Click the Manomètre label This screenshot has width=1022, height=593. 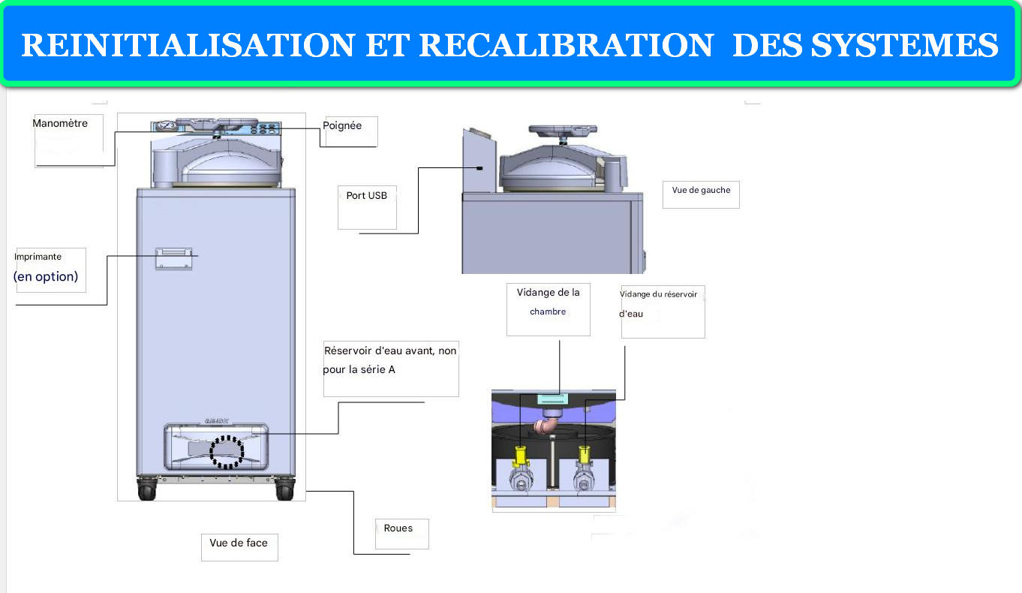click(x=60, y=124)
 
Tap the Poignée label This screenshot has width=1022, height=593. click(x=342, y=126)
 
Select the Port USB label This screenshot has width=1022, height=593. click(x=367, y=196)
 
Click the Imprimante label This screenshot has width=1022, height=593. click(x=38, y=257)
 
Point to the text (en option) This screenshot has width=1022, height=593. click(x=46, y=277)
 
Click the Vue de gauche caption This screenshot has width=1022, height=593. click(x=700, y=191)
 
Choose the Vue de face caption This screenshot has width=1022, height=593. click(x=239, y=543)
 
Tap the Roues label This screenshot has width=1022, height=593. click(x=398, y=528)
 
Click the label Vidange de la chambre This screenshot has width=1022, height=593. click(x=548, y=301)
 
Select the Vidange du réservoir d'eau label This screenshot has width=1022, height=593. click(x=658, y=303)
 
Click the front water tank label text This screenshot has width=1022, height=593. click(x=389, y=360)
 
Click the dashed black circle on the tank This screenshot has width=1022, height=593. click(x=227, y=450)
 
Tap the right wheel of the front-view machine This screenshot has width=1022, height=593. click(x=284, y=491)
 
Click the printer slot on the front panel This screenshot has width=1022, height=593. click(x=173, y=257)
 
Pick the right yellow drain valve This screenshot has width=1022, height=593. click(x=584, y=456)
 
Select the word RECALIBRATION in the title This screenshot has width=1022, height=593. click(x=566, y=46)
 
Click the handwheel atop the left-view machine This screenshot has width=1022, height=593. click(x=563, y=131)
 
